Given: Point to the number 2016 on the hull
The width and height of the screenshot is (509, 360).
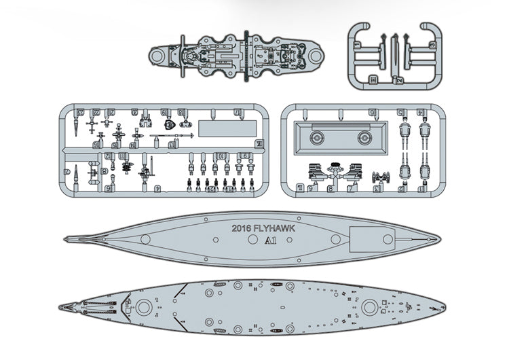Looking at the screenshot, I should tap(242, 229).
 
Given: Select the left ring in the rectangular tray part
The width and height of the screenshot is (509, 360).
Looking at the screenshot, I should tap(316, 138).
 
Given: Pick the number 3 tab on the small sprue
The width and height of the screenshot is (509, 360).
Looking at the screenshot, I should tap(432, 45).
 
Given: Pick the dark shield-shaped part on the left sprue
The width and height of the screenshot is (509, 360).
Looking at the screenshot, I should tap(170, 125).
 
